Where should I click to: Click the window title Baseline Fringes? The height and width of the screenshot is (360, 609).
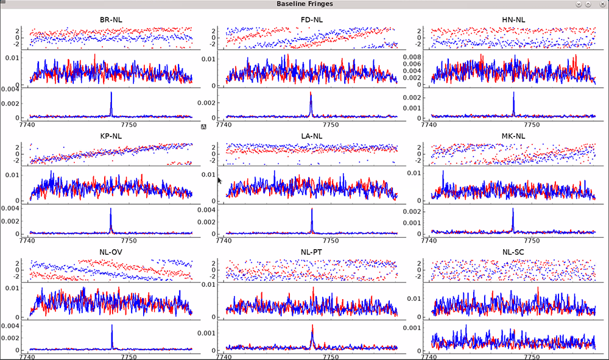[304, 4]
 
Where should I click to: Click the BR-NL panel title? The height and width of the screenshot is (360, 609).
[111, 19]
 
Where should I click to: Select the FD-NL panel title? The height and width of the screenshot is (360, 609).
[312, 19]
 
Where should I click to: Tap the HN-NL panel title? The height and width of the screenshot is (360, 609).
[513, 19]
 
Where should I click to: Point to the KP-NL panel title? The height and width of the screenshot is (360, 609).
[111, 136]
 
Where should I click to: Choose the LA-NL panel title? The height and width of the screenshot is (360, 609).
[312, 136]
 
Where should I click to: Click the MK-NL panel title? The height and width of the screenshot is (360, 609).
[513, 136]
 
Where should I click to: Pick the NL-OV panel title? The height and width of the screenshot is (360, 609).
[111, 252]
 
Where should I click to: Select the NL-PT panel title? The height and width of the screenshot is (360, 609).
[312, 252]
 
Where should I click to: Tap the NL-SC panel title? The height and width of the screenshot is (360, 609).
[513, 252]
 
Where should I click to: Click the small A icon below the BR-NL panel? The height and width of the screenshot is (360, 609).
[203, 126]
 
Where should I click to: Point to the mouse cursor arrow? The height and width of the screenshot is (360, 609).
[220, 180]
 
